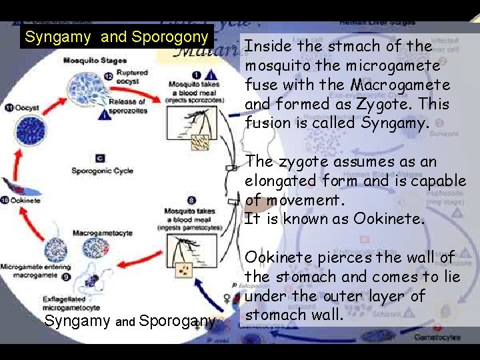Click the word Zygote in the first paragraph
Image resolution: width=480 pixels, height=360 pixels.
(401, 105)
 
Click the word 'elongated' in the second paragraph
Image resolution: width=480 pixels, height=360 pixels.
(277, 181)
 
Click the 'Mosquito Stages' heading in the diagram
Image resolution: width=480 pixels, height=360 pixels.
(95, 61)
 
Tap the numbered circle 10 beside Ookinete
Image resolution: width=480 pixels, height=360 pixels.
(6, 200)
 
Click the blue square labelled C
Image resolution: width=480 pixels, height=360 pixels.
(99, 158)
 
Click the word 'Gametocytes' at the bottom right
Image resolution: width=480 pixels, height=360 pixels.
(437, 337)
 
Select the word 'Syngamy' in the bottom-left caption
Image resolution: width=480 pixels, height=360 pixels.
(78, 322)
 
